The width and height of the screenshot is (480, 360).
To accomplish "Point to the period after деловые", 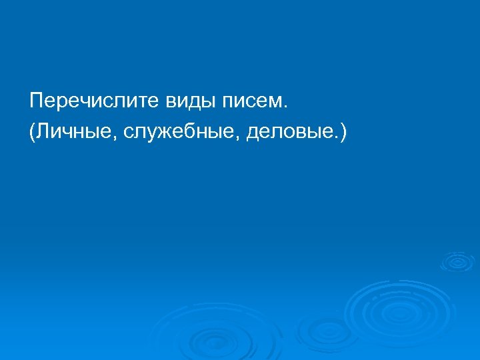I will coord(335,138).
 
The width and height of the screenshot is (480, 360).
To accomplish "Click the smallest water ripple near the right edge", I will coord(457,261).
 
